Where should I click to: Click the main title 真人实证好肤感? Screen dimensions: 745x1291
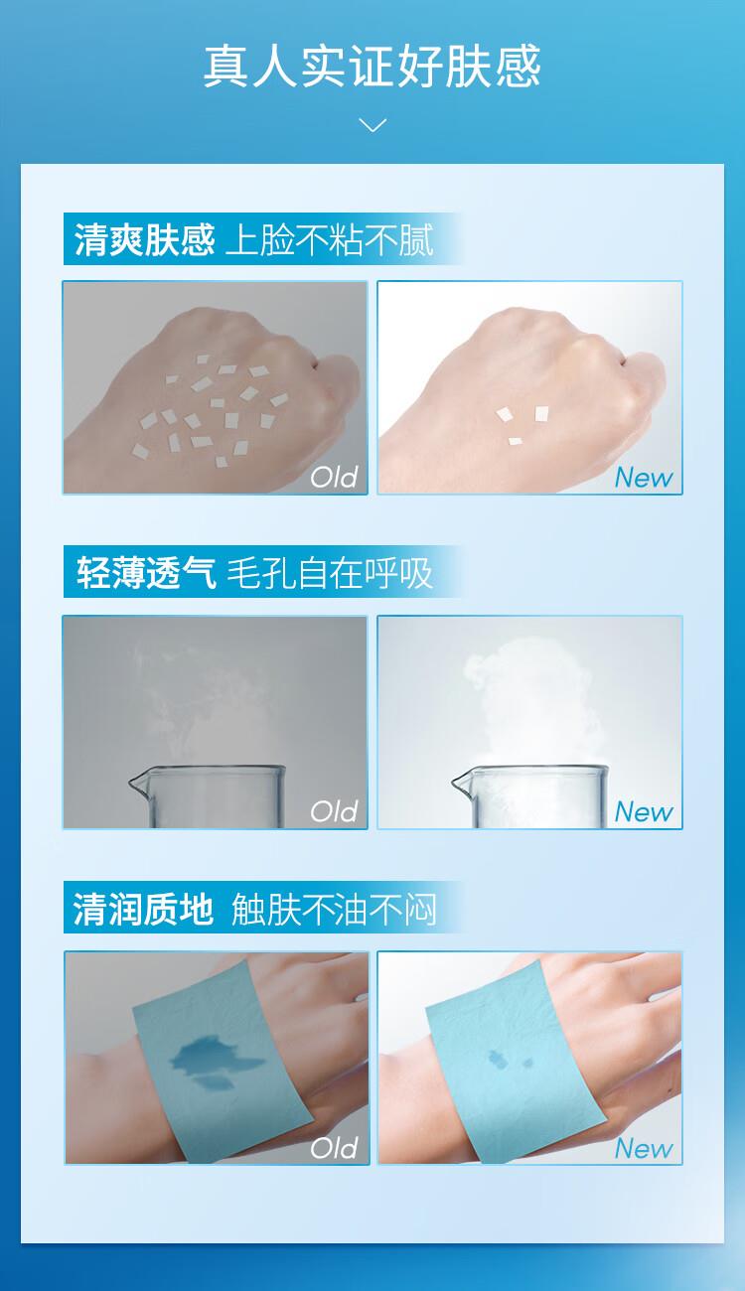coord(372,67)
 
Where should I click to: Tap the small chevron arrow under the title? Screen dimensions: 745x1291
coord(372,124)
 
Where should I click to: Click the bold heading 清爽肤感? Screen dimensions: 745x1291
coord(144,239)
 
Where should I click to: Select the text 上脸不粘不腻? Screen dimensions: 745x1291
coord(329,239)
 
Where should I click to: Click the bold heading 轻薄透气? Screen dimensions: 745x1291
coord(146,573)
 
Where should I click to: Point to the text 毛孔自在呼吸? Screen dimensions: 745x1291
coord(329,573)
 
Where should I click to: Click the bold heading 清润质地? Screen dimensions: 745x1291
coord(143,909)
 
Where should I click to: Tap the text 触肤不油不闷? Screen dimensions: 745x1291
coord(334,909)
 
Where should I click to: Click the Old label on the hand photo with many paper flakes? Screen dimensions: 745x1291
coord(334,477)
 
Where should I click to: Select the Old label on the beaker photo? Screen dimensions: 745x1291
coord(334,811)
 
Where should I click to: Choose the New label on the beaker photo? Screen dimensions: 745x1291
coord(644,811)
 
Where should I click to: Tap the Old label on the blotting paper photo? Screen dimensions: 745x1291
coord(334,1147)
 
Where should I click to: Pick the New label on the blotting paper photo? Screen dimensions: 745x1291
coord(644,1148)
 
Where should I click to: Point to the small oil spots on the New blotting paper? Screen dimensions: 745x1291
coord(510,1059)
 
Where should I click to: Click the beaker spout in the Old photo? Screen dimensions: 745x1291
coord(136,783)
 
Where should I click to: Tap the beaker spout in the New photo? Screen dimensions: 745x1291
coord(460,783)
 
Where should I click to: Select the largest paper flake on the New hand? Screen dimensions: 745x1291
coord(541,413)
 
